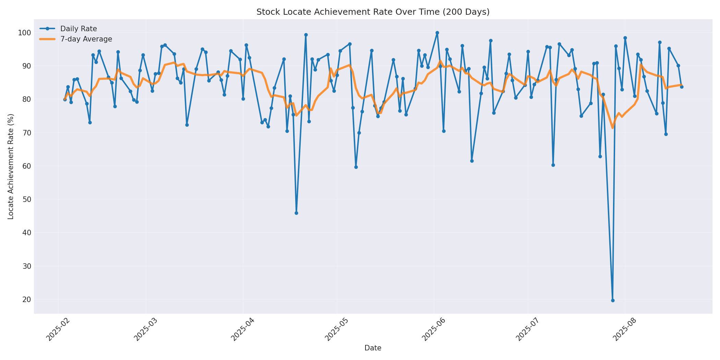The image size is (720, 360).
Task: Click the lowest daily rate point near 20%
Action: coord(613,300)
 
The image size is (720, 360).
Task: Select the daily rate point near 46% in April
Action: coord(296,213)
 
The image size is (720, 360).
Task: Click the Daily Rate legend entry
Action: coord(79,29)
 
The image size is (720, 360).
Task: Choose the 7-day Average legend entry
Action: coord(86,39)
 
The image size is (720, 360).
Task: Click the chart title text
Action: coord(373,12)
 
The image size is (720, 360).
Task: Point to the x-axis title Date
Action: coord(373,348)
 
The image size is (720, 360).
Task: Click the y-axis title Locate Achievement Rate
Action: coord(11,166)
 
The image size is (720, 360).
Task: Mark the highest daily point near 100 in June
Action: coord(437,33)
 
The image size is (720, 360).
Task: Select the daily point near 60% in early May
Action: coord(356,167)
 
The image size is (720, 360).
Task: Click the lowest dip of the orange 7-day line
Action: coord(613,128)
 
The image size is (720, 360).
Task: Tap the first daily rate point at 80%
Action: coord(65,99)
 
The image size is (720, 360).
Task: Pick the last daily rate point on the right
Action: coord(682,87)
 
